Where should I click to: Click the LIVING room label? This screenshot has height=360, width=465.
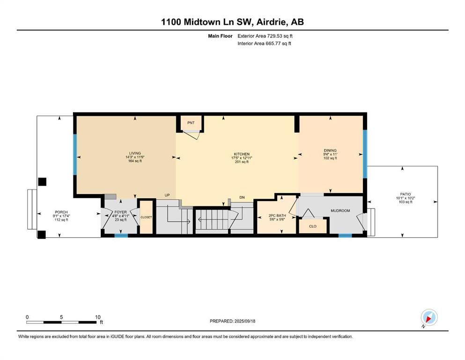click(x=135, y=153)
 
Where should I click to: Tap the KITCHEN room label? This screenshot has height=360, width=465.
click(x=242, y=154)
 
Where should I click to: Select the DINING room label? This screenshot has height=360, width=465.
click(x=330, y=150)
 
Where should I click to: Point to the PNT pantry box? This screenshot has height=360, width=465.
click(x=191, y=123)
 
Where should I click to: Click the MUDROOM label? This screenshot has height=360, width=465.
click(x=340, y=211)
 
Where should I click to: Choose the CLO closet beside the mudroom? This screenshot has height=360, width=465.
click(x=313, y=226)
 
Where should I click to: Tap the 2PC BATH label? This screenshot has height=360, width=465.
click(x=277, y=216)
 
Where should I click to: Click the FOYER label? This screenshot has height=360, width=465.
click(x=120, y=212)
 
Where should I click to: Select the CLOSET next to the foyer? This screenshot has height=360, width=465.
click(x=146, y=217)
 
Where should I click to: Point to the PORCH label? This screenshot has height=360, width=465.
click(x=61, y=212)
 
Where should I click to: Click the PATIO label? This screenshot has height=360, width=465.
click(x=406, y=194)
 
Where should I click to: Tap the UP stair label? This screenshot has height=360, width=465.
click(x=167, y=195)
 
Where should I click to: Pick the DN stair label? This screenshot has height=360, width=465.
click(x=242, y=197)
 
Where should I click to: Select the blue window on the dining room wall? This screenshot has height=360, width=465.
click(x=365, y=154)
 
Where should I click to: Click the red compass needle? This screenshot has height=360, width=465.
click(x=428, y=319)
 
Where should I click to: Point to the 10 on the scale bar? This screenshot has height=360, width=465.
click(x=98, y=317)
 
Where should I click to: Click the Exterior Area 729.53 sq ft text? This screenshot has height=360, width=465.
click(x=265, y=36)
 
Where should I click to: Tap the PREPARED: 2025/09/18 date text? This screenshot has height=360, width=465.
click(x=232, y=321)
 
